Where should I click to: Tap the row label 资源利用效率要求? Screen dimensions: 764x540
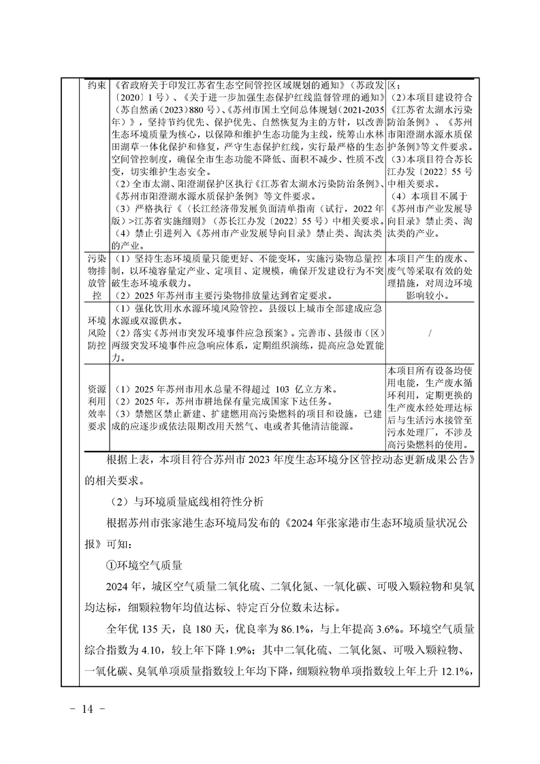point(96,407)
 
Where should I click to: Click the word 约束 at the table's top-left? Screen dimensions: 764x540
point(96,86)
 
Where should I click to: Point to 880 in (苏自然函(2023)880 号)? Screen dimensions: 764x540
point(180,108)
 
